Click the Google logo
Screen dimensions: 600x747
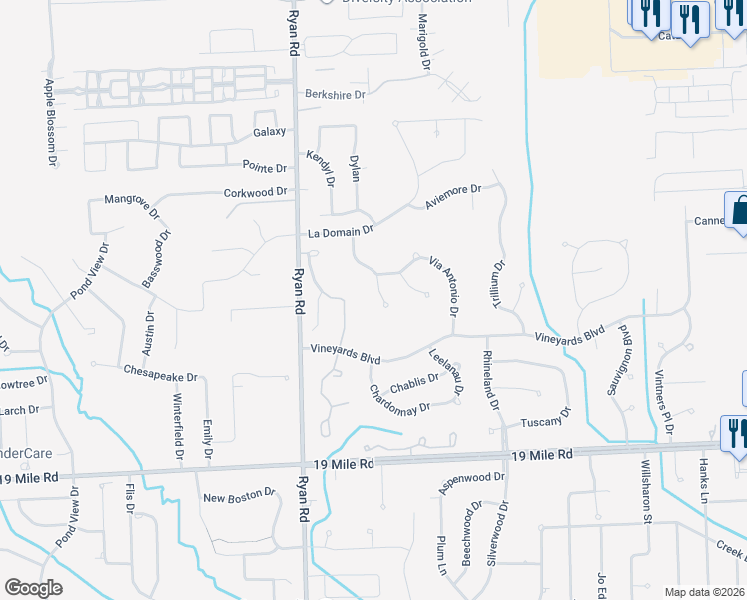(33, 588)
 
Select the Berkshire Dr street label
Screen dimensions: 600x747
(336, 96)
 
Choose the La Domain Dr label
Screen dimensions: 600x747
(340, 231)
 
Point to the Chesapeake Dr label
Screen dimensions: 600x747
(161, 370)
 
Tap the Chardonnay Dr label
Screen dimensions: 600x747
(399, 401)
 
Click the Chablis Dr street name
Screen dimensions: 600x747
(414, 383)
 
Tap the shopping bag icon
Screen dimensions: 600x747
(740, 212)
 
